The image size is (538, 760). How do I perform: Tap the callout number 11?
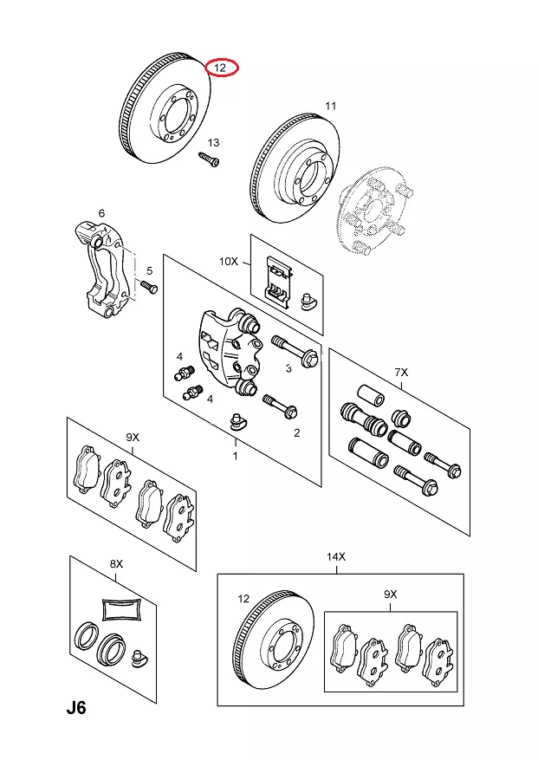click(x=330, y=107)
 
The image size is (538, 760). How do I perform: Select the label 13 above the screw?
click(x=213, y=142)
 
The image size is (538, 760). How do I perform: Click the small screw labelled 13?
click(x=209, y=159)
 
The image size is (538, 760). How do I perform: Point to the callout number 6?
click(x=101, y=213)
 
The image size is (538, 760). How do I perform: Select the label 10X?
click(x=228, y=260)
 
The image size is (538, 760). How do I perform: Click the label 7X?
click(x=401, y=372)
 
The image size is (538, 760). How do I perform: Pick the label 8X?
click(x=116, y=564)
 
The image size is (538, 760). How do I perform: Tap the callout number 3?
click(x=288, y=367)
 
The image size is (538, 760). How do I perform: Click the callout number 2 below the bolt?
click(x=296, y=432)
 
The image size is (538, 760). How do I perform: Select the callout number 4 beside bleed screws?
click(x=179, y=356)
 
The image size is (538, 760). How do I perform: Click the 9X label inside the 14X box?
click(x=390, y=594)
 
